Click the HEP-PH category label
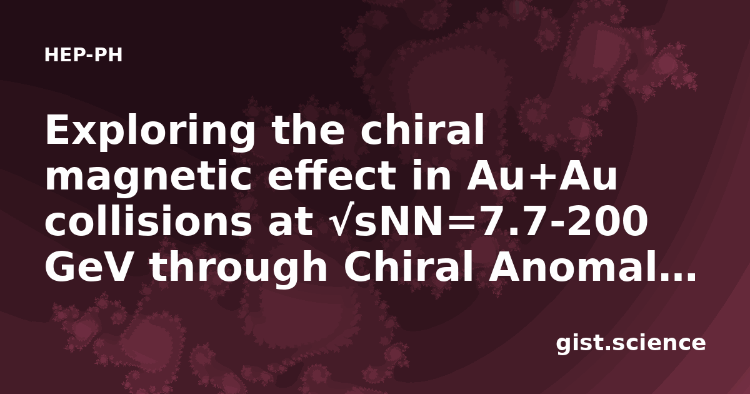point(83,55)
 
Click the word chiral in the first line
point(422,129)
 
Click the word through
point(239,268)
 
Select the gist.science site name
point(631,344)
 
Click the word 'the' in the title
point(308,129)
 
